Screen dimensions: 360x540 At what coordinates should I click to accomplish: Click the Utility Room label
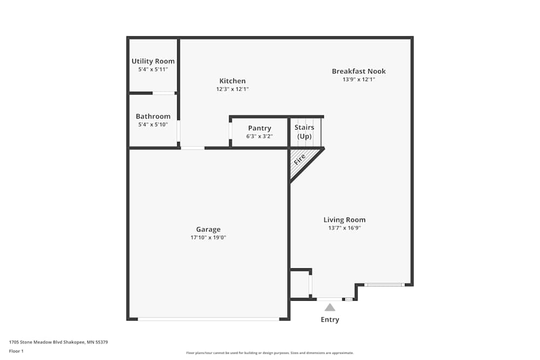(x=153, y=61)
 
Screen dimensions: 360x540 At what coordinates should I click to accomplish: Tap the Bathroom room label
(x=153, y=116)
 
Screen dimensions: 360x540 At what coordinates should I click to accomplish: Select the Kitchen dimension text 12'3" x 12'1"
(x=232, y=89)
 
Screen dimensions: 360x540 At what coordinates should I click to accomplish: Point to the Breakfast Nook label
(x=359, y=71)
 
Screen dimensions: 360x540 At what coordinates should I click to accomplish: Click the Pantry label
(x=259, y=128)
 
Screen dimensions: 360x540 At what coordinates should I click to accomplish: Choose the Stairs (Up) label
(x=305, y=132)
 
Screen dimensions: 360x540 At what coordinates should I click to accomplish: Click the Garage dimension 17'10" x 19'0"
(x=208, y=237)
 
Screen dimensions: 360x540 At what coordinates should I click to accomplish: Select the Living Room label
(x=345, y=220)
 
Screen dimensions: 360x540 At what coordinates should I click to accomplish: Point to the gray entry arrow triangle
(x=330, y=308)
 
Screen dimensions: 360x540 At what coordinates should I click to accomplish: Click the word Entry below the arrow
(x=330, y=320)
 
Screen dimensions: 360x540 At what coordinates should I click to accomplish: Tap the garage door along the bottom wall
(x=208, y=319)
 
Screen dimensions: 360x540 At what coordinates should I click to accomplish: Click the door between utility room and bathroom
(x=164, y=93)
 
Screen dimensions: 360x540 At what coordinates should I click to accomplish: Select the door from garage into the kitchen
(x=192, y=148)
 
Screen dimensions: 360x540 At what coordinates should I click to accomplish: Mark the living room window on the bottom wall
(x=384, y=284)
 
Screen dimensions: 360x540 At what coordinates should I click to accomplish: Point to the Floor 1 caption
(x=17, y=351)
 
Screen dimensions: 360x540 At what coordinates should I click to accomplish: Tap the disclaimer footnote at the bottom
(x=270, y=353)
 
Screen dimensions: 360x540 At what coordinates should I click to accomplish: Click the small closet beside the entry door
(x=300, y=284)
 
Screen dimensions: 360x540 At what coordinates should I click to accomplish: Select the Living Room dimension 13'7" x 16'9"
(x=345, y=228)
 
